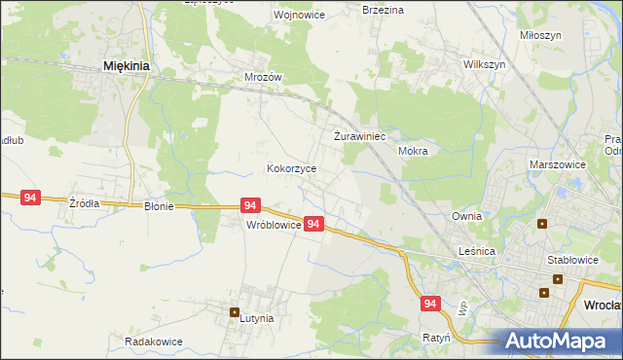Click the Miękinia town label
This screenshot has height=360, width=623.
(x=125, y=66)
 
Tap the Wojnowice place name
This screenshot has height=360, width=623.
(x=272, y=16)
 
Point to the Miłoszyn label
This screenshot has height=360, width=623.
(x=541, y=35)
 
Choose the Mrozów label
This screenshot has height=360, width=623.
(x=263, y=77)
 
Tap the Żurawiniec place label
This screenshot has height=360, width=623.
(x=361, y=137)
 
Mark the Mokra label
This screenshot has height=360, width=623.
(x=413, y=152)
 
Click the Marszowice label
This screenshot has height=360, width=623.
(x=558, y=165)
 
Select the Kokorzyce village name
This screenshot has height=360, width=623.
(x=292, y=168)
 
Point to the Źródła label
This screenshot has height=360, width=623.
(x=84, y=204)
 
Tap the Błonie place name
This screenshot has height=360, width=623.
(x=159, y=206)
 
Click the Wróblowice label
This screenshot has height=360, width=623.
(x=274, y=224)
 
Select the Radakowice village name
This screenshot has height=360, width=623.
(x=154, y=342)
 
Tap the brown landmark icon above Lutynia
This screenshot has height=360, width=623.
(x=235, y=312)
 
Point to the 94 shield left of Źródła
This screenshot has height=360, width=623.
(x=30, y=198)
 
